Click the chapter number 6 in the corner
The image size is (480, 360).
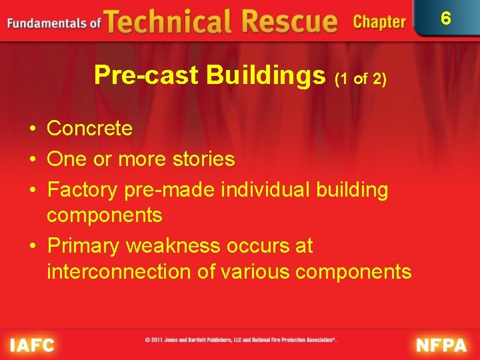[x=446, y=18]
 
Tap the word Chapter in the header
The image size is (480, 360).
[x=379, y=22]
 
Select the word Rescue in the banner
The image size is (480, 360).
[x=289, y=21]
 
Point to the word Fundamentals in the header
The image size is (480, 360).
[x=47, y=23]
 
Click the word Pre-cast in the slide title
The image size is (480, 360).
[x=147, y=75]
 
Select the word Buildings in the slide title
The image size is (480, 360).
[x=265, y=75]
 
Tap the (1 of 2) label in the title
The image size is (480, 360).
[x=360, y=78]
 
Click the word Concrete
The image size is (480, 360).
[x=90, y=128]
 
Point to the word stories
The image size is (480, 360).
[x=203, y=159]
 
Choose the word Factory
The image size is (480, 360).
[x=83, y=190]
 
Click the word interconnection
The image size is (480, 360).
[x=115, y=271]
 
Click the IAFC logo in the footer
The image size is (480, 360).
[x=32, y=345]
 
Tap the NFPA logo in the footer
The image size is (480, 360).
[x=443, y=345]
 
